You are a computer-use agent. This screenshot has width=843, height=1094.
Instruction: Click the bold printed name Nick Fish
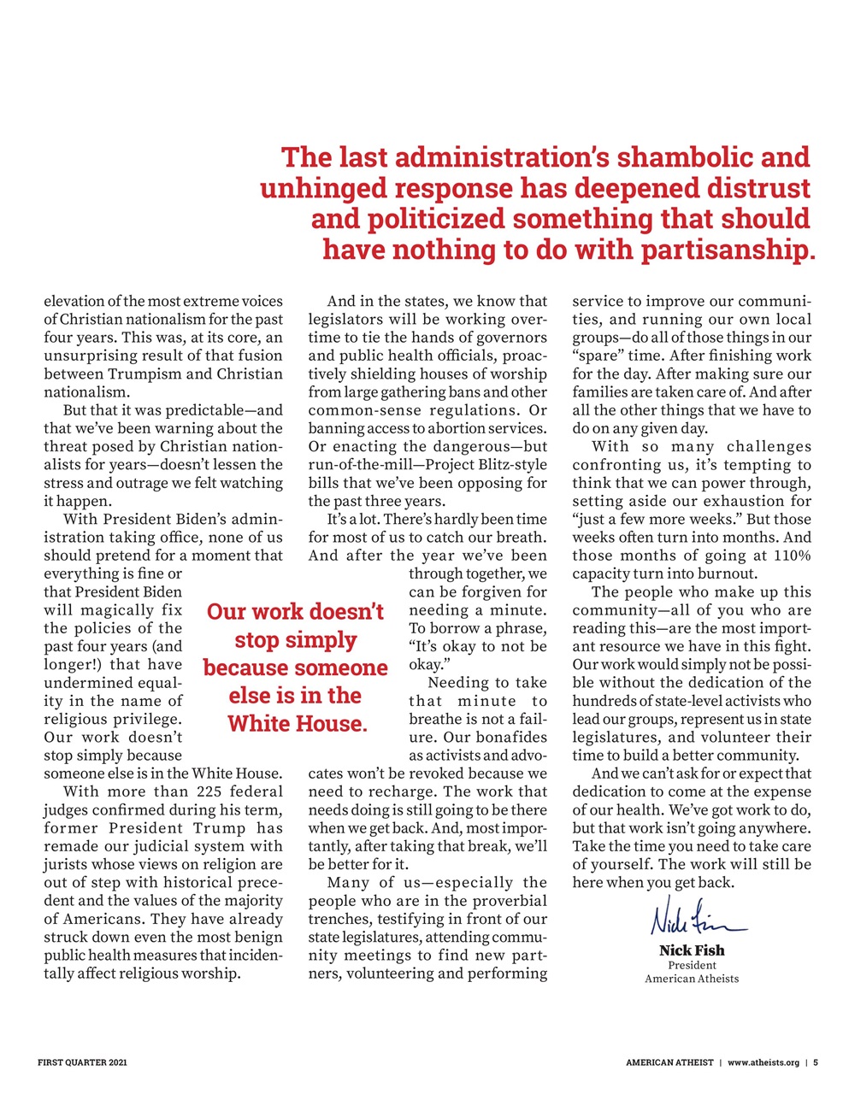(x=691, y=950)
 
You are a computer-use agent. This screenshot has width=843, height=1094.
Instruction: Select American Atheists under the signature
(x=691, y=979)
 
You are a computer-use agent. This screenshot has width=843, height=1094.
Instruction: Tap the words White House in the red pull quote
(x=297, y=724)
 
